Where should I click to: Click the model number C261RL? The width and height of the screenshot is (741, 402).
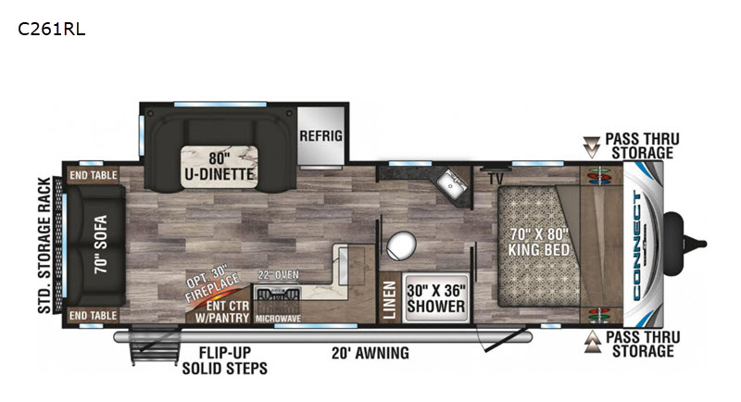(51, 29)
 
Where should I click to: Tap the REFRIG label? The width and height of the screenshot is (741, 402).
(320, 136)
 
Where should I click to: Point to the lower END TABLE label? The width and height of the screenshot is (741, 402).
(91, 316)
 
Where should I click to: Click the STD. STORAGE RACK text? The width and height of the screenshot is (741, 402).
(43, 246)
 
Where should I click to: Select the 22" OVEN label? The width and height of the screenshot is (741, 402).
(277, 274)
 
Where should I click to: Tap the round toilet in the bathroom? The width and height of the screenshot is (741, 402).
(402, 245)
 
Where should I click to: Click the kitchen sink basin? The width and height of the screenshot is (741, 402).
(452, 180)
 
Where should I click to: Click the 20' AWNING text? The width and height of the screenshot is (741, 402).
(370, 353)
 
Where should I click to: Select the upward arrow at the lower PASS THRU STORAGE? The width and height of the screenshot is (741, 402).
(591, 345)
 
